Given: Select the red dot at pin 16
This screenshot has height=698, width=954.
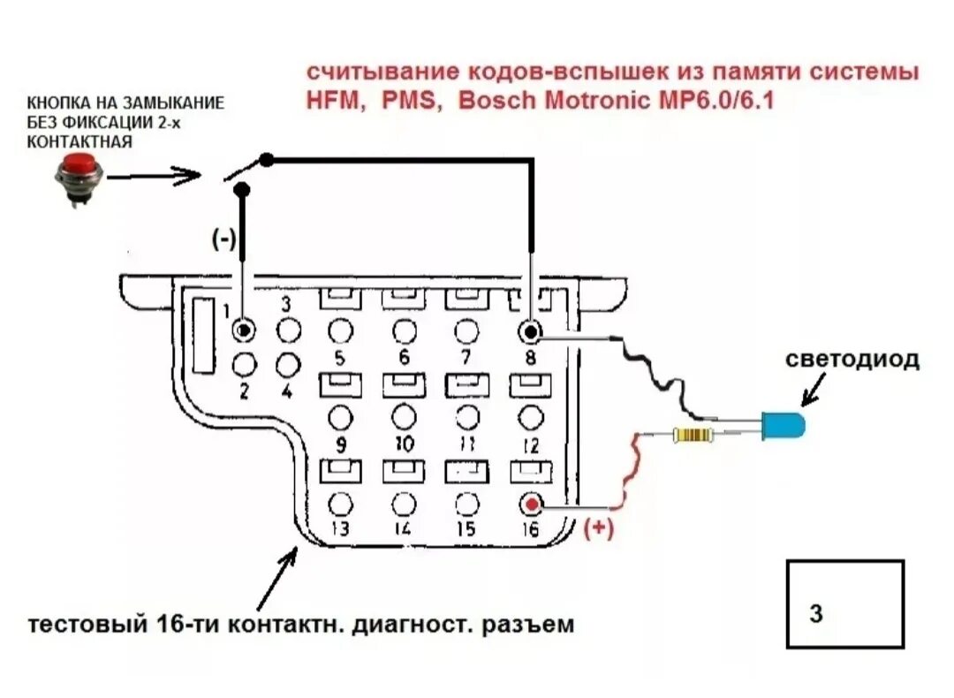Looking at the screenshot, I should click(531, 505).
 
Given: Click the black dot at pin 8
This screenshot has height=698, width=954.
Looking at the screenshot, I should click(530, 331).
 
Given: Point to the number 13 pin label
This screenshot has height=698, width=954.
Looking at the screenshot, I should click(339, 529).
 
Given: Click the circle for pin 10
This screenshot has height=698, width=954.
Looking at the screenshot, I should click(404, 416).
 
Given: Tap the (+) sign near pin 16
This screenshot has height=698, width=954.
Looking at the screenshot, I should click(599, 528).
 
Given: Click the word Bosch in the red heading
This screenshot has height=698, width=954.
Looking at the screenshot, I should click(496, 100).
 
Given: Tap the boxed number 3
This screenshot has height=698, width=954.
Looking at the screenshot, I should click(816, 612).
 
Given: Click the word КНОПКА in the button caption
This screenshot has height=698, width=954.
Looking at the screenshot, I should click(61, 103).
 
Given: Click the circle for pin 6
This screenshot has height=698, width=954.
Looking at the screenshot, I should click(404, 331).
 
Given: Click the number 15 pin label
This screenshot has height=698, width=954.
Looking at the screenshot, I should click(466, 529).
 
